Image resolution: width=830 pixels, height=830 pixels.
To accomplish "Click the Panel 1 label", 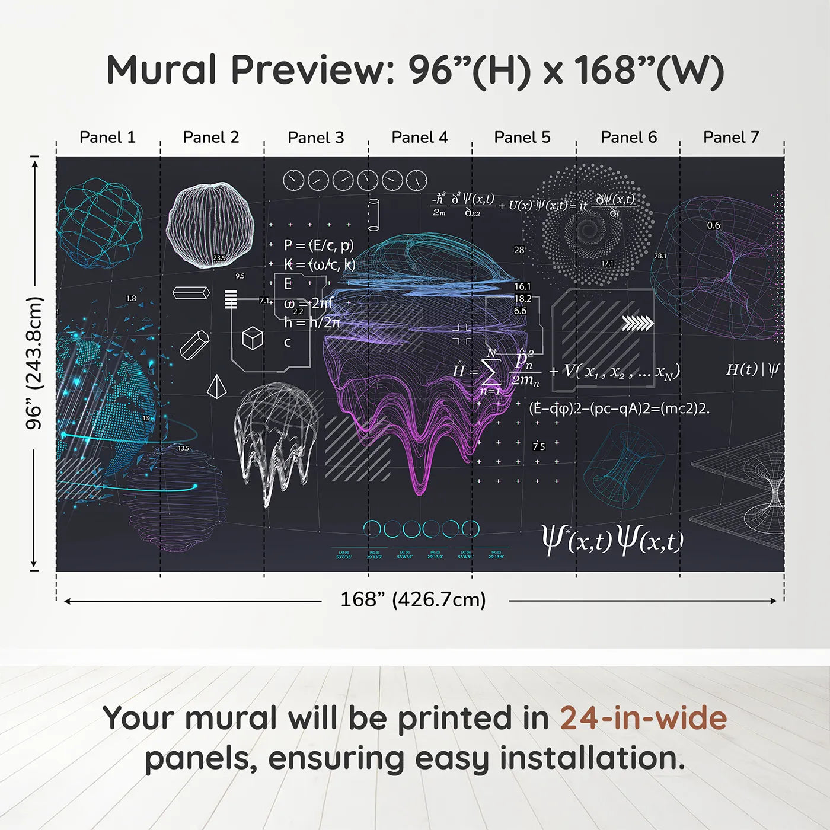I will [x=107, y=138].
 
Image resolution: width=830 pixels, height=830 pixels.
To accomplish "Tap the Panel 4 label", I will [x=419, y=138].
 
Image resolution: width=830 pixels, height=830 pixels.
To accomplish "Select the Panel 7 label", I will [x=731, y=138].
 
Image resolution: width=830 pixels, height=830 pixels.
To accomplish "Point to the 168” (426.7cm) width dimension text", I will [x=413, y=599].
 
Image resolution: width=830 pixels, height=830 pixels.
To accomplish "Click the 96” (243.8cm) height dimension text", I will [x=34, y=363].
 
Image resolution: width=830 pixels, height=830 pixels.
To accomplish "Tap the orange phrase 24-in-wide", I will [x=643, y=719].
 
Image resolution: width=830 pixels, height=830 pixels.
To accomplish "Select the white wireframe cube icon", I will [x=253, y=338].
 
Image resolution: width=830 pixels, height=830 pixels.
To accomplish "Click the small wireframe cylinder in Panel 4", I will [x=373, y=215].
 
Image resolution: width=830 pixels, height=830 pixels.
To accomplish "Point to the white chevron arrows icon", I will [x=637, y=323].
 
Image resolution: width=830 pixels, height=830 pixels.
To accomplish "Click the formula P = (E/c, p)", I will [x=318, y=245].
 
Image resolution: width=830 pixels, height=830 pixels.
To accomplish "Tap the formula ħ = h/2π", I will [x=312, y=323].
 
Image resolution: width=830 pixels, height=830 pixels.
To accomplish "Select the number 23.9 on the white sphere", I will [x=219, y=258].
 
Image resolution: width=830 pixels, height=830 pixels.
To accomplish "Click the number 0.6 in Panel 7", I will [x=713, y=225].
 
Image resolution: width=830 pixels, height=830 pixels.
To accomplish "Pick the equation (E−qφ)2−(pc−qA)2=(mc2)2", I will [x=619, y=408].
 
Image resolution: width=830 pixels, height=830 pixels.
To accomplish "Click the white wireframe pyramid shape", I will [x=216, y=387].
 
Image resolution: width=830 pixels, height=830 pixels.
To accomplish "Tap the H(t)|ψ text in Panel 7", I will [x=752, y=370].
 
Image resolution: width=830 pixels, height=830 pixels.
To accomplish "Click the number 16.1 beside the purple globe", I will [x=522, y=286].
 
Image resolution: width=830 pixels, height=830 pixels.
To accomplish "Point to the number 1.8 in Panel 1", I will [x=131, y=298].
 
